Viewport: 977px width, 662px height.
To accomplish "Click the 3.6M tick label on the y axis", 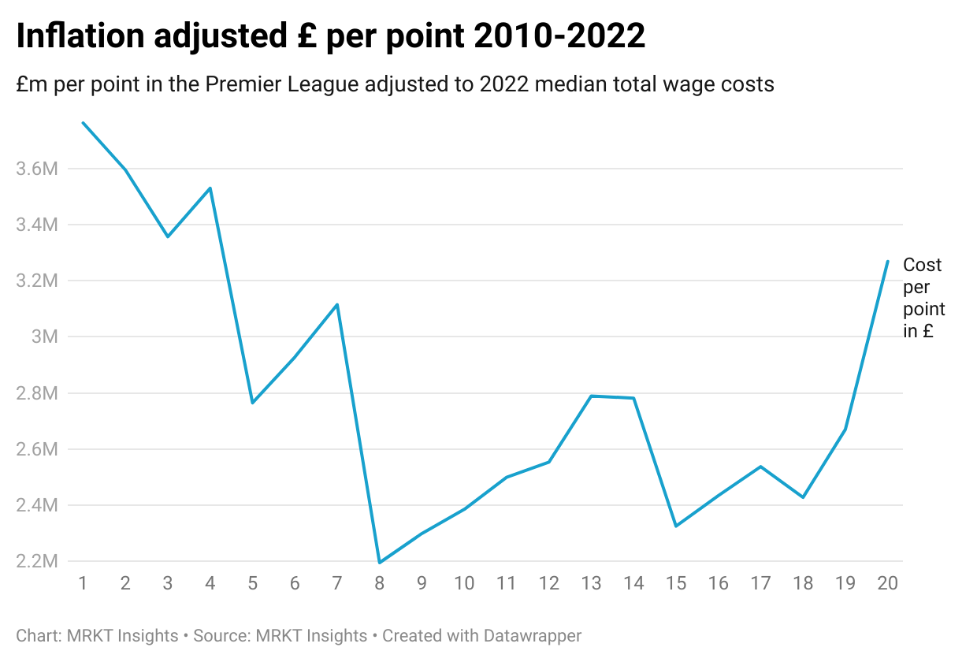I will [37, 169].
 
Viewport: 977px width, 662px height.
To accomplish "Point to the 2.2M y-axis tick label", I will [37, 561].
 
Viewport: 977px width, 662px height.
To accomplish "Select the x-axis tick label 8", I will [380, 583].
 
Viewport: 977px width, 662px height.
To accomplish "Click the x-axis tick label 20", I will [887, 583].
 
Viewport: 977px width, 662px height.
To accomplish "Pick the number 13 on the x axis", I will [591, 583].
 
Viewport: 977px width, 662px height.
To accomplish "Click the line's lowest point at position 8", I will [380, 563].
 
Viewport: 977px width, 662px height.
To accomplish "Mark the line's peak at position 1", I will [83, 122].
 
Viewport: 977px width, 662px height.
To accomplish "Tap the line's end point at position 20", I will [888, 262].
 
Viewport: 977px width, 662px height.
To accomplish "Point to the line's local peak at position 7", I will [337, 304].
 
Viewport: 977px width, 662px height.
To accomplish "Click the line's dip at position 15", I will [676, 526].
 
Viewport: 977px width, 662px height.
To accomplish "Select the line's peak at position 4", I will [210, 188].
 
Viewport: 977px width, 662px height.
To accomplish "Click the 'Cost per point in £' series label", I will [923, 298].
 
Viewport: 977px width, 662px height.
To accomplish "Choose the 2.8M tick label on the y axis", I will [37, 392].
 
